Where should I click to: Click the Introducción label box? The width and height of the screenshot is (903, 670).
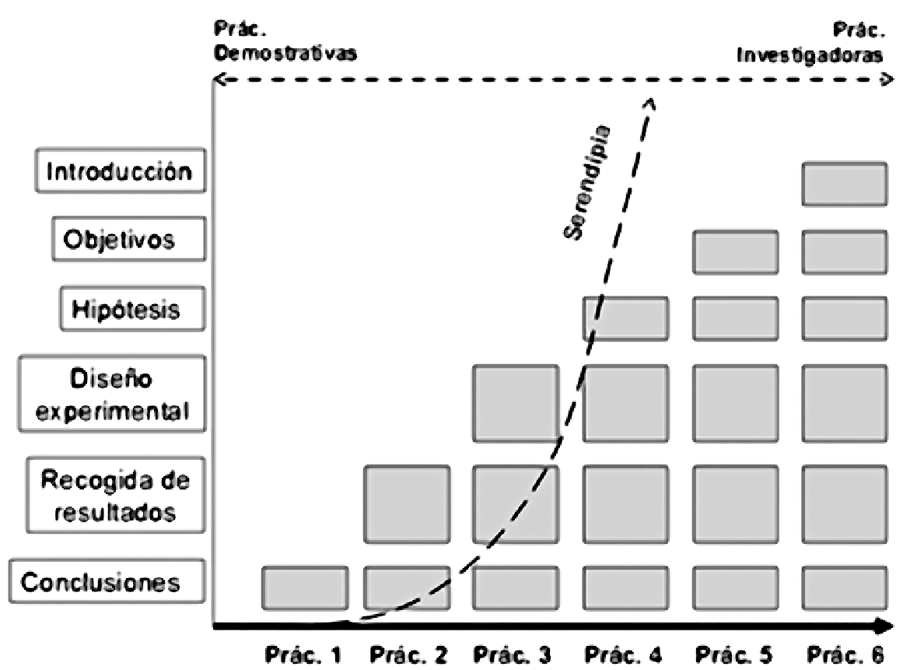pyautogui.click(x=120, y=171)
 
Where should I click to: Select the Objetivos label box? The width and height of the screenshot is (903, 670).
pyautogui.click(x=130, y=239)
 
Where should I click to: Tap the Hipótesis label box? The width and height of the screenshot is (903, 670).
pyautogui.click(x=132, y=309)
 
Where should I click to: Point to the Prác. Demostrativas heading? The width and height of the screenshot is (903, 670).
pyautogui.click(x=285, y=46)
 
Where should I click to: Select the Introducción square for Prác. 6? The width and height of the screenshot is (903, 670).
pyautogui.click(x=845, y=184)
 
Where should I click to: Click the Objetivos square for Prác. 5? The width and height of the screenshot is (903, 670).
pyautogui.click(x=736, y=252)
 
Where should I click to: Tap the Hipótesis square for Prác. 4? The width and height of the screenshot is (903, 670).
pyautogui.click(x=626, y=319)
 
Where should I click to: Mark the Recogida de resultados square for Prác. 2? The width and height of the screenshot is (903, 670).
pyautogui.click(x=407, y=504)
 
